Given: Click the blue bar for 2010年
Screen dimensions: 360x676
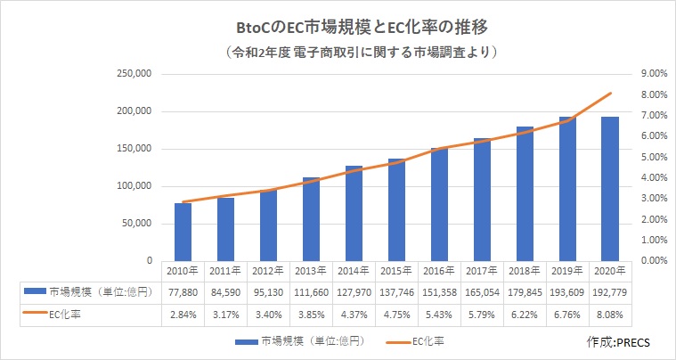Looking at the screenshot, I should pyautogui.click(x=183, y=232).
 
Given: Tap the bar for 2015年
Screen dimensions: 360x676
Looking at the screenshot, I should pyautogui.click(x=396, y=209).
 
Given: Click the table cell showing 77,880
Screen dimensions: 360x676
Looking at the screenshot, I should pyautogui.click(x=183, y=290).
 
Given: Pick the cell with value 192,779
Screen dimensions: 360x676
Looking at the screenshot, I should pyautogui.click(x=609, y=290).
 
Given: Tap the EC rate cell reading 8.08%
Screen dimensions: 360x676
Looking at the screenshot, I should pyautogui.click(x=609, y=313).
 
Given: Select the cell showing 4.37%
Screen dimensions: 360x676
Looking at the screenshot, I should pyautogui.click(x=354, y=313).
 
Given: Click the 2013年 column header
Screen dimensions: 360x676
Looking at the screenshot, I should pyautogui.click(x=311, y=269).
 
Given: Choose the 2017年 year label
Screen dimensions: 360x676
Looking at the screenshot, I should pyautogui.click(x=482, y=269).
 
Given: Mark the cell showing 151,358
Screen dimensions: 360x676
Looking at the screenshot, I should pyautogui.click(x=439, y=290).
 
